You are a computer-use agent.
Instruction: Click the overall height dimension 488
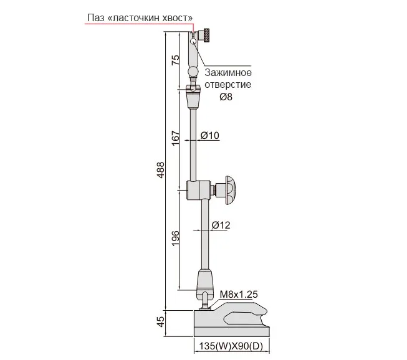161,170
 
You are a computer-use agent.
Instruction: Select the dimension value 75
176,60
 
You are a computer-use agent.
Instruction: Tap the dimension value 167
176,138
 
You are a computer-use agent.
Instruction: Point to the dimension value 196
176,238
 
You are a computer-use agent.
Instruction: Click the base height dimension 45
161,321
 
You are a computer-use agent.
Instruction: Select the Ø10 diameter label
209,135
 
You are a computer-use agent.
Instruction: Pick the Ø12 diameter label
221,225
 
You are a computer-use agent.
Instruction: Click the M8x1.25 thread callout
239,294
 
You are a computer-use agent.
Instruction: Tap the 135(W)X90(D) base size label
231,346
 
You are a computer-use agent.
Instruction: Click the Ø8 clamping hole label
226,97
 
